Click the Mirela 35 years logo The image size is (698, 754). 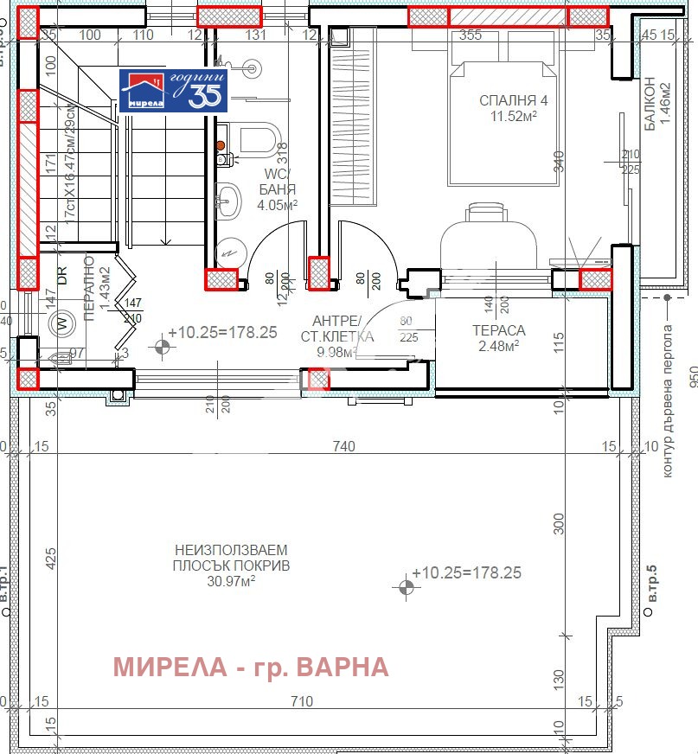174,91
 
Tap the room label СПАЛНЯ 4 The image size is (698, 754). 513,101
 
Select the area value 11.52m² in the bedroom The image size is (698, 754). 513,117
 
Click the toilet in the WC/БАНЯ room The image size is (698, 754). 258,140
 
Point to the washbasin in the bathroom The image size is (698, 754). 230,201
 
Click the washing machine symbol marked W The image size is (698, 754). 61,325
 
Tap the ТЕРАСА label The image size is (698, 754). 498,330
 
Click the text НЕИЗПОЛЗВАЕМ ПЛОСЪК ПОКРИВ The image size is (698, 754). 232,558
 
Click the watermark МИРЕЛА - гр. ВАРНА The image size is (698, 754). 252,667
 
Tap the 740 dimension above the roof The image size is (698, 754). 343,447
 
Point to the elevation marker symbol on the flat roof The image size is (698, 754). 406,588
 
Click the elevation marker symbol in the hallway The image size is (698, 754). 161,348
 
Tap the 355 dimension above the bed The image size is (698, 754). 471,35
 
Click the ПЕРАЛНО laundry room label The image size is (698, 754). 90,290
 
